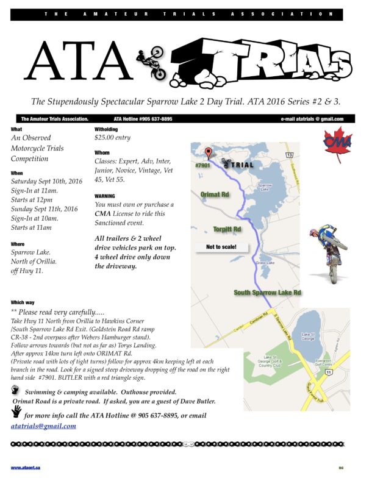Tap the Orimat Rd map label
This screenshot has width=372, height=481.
[214, 194]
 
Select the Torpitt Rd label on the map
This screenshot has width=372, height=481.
[227, 229]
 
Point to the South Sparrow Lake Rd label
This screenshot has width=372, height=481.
[268, 293]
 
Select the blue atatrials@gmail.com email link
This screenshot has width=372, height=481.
[43, 426]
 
